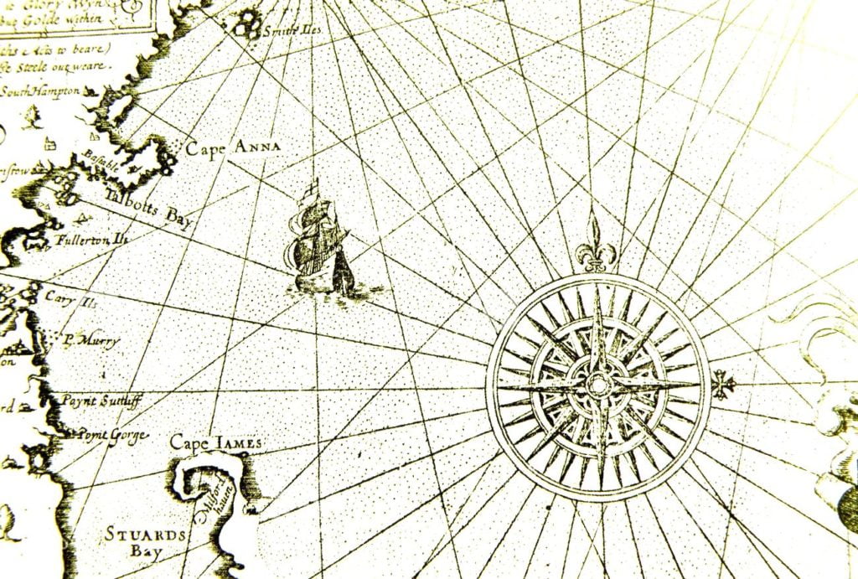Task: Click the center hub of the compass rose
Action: pos(598,386)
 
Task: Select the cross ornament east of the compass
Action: pos(723,385)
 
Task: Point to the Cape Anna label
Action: pos(233,148)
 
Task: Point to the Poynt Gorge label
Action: pos(113,435)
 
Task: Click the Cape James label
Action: pos(215,442)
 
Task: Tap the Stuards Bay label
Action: pos(134,542)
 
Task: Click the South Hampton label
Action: pos(40,90)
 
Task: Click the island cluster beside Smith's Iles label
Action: pos(246,23)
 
